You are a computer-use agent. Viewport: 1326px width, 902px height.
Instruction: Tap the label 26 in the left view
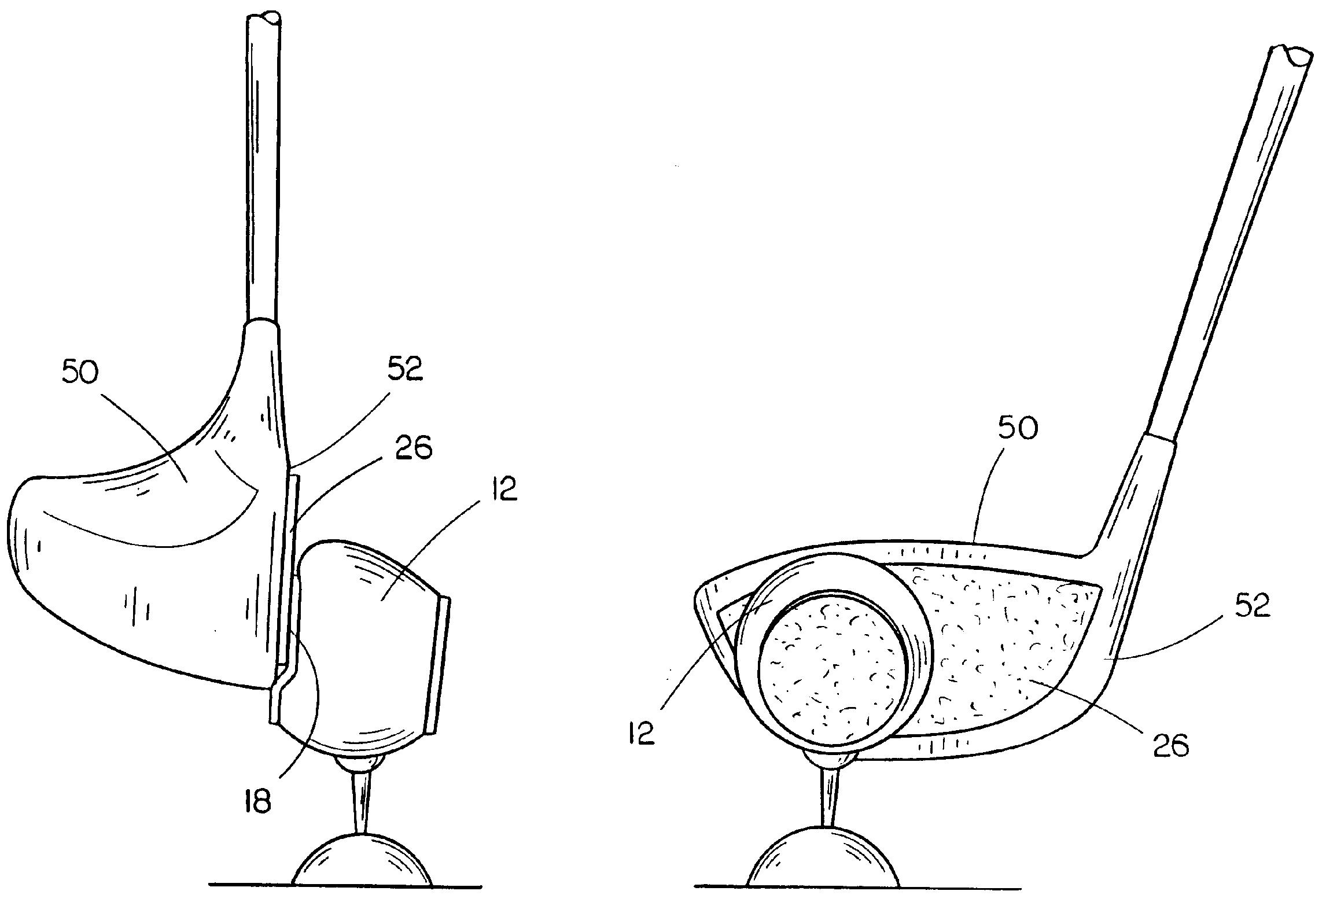(x=414, y=448)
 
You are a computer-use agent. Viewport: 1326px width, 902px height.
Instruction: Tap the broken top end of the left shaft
(x=265, y=17)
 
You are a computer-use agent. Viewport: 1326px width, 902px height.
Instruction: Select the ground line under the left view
(x=345, y=900)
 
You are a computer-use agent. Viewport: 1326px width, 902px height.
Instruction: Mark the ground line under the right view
(x=857, y=900)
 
